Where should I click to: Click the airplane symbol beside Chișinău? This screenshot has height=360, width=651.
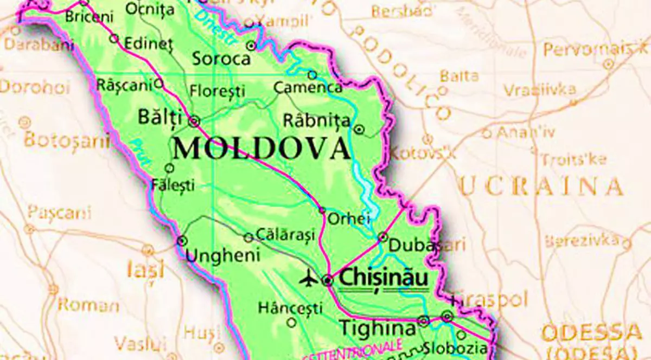[309, 279]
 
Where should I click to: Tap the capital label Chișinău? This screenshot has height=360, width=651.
[383, 279]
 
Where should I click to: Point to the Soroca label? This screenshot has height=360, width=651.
[221, 59]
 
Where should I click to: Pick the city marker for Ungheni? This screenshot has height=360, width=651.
[182, 240]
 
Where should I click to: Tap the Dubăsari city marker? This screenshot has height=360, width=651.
[382, 237]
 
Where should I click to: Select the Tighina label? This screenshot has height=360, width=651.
[378, 329]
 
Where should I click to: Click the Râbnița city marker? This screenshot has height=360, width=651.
[359, 129]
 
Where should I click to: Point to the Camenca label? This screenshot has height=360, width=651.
[308, 87]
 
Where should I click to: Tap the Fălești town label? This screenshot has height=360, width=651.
[173, 185]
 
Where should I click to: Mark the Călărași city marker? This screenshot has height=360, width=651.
[248, 237]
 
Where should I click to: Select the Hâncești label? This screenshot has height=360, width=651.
[290, 308]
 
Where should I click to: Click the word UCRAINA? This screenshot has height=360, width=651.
[541, 187]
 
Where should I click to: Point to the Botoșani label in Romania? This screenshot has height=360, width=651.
[67, 140]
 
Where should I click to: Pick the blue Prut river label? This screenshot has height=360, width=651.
[141, 154]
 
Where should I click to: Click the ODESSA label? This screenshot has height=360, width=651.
[588, 332]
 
